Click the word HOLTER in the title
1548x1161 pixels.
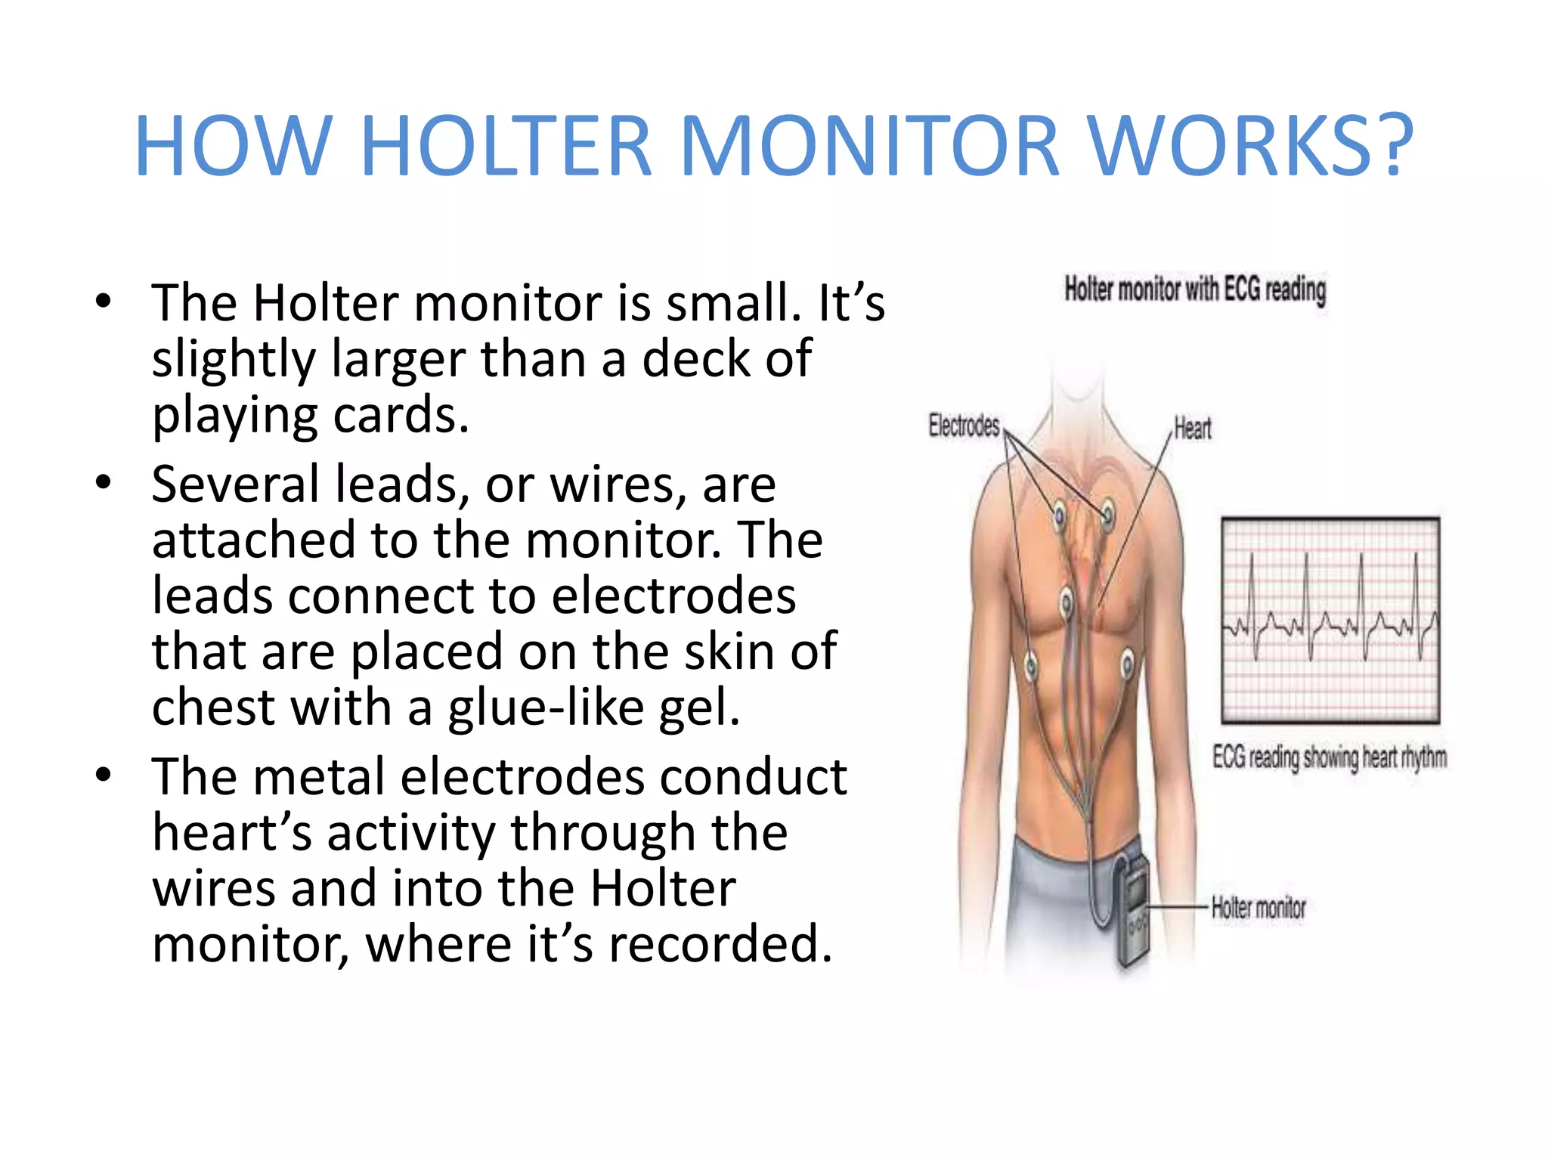(506, 146)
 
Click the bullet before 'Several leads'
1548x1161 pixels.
(104, 482)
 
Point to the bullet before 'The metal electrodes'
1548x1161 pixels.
(104, 776)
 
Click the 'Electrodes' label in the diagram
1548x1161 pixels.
(964, 426)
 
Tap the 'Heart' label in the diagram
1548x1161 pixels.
(1193, 429)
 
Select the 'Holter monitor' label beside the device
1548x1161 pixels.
(1259, 908)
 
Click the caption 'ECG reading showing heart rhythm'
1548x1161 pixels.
(1330, 757)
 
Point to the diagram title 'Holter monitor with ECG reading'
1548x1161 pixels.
(1195, 289)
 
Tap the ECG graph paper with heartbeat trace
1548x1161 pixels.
(1330, 620)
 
